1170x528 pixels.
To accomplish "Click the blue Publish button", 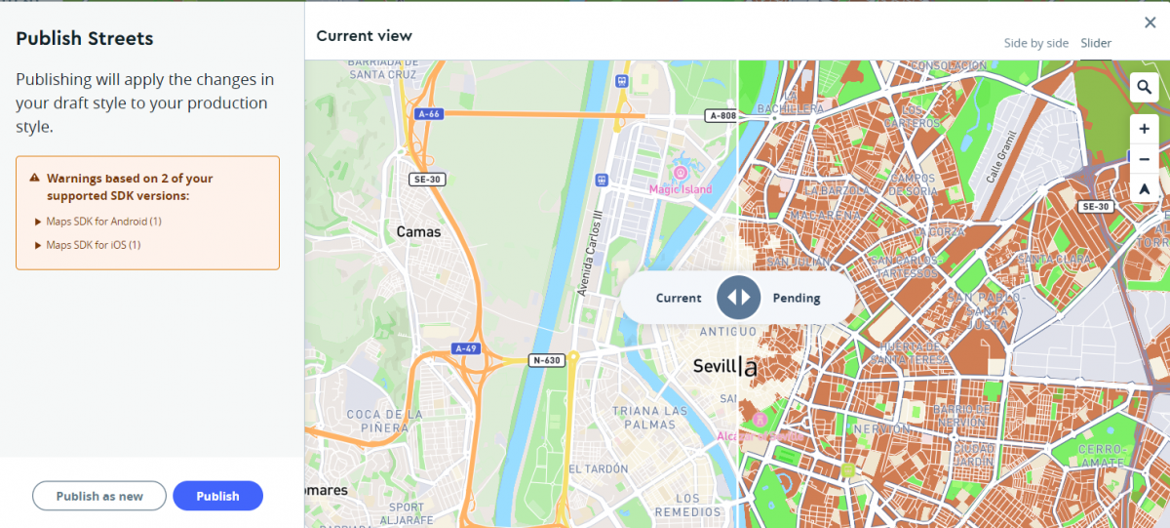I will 217,496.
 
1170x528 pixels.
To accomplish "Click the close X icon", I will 1150,22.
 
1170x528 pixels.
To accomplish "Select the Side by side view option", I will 1035,43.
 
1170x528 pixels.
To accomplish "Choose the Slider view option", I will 1096,43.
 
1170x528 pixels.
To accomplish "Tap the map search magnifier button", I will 1144,88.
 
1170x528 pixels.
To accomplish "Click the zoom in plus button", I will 1144,129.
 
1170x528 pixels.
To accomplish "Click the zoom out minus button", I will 1144,159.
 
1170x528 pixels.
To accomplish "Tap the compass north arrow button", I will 1144,189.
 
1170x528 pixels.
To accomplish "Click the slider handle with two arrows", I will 738,298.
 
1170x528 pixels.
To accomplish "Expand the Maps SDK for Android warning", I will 97,222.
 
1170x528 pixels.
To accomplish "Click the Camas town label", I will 418,232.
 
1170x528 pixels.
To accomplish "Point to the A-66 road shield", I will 429,114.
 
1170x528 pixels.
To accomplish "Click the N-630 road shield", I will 546,360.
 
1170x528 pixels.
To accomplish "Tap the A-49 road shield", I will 466,348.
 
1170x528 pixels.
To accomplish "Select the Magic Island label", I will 681,189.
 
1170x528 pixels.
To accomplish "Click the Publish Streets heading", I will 85,39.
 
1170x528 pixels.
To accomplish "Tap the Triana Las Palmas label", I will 649,418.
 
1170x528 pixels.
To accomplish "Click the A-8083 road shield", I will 721,116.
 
